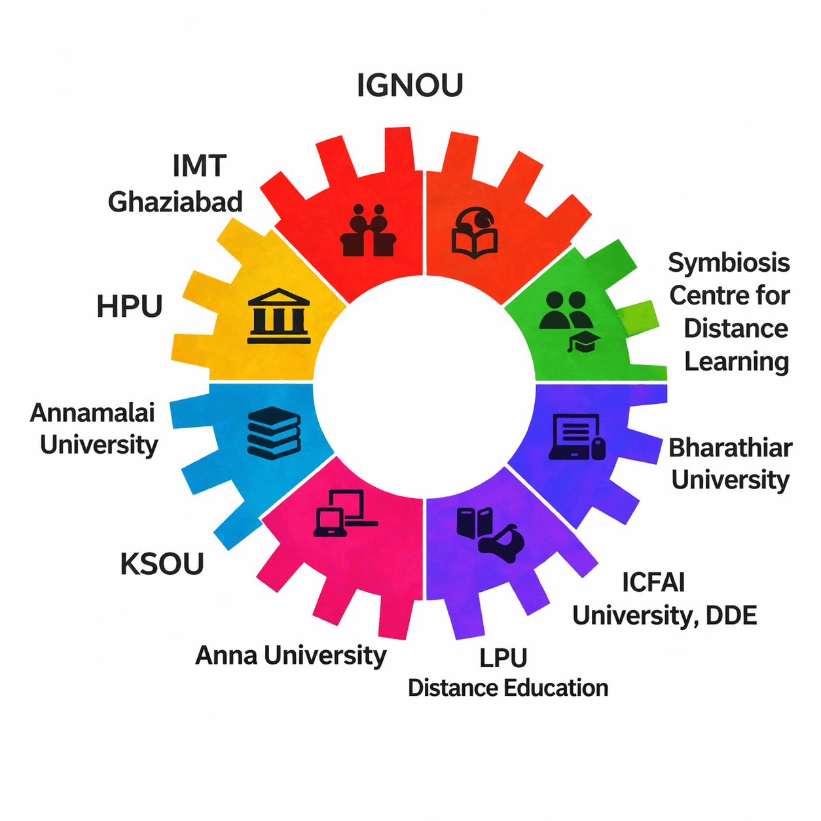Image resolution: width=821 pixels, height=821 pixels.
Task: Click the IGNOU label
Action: point(410,86)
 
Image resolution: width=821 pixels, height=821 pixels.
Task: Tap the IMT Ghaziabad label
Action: point(175,184)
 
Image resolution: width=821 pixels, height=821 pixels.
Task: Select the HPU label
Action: point(130,306)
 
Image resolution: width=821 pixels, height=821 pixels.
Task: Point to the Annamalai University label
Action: point(96,429)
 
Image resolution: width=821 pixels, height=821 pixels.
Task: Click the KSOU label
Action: point(162,564)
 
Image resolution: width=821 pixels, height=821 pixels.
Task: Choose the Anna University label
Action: point(291,655)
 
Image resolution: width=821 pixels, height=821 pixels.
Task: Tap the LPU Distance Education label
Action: point(507,673)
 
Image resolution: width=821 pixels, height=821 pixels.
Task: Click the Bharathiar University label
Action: point(730,464)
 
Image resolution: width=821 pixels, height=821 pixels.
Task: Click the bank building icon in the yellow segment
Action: point(279,316)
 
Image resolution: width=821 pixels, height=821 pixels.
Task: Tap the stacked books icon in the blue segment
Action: point(274,432)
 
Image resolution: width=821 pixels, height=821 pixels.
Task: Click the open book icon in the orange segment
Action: point(475,232)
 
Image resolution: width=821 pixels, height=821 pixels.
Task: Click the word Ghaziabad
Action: point(175,202)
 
